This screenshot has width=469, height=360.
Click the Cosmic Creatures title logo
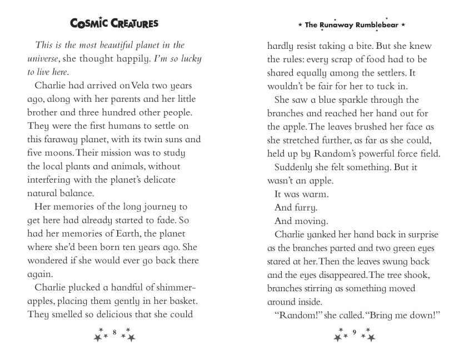tap(114, 23)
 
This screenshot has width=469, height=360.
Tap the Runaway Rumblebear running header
tap(352, 25)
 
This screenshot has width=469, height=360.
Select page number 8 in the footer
tap(114, 332)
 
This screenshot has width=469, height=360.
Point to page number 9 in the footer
tap(354, 332)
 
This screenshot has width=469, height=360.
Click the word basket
tap(183, 301)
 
